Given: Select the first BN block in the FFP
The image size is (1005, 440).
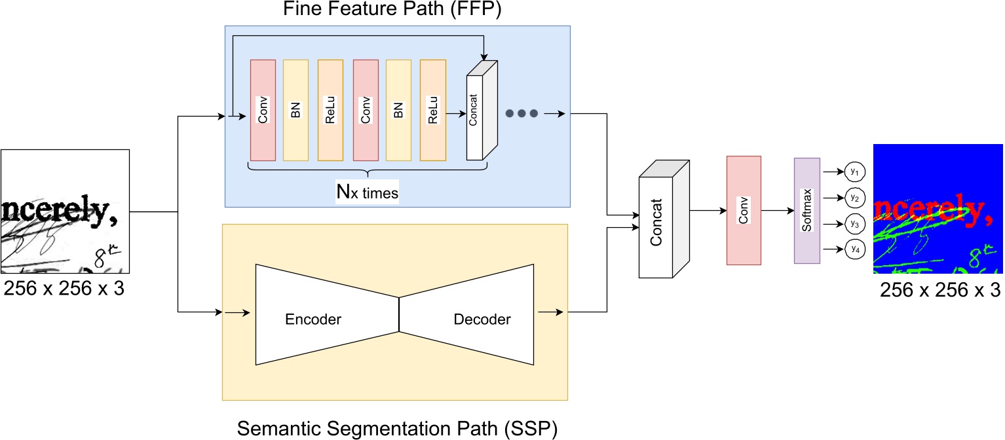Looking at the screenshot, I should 295,110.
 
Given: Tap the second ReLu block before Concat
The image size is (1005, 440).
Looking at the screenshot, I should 432,110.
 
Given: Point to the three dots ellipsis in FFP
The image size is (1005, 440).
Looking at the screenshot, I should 522,113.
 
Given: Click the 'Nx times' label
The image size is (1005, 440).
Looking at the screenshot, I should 368,193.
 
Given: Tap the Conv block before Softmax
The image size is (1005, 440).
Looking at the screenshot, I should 744,210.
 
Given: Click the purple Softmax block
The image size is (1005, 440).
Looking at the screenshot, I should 806,211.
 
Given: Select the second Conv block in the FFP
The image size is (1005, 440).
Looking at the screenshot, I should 366,110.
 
